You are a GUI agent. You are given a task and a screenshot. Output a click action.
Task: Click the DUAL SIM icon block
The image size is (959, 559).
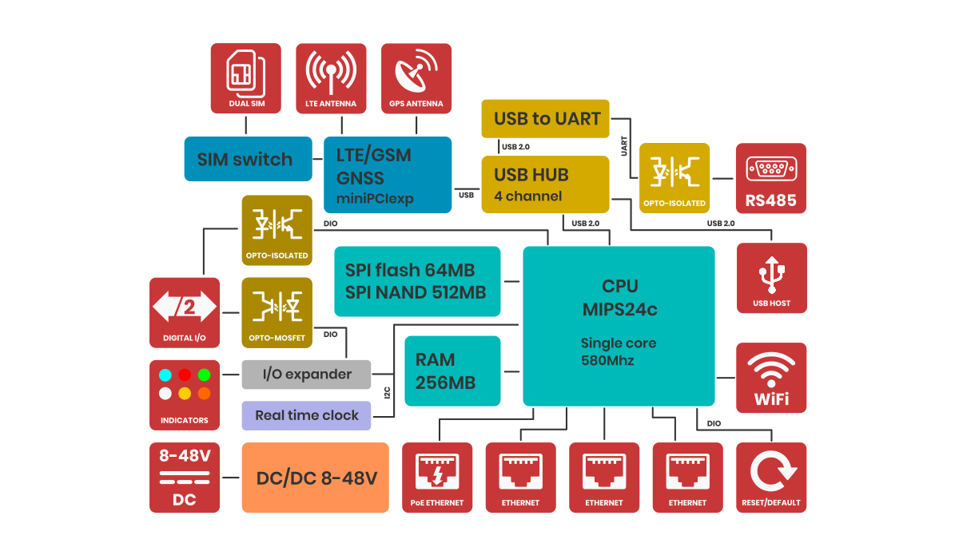tap(245, 77)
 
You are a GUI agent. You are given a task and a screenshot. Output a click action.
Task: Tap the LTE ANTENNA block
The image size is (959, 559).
tap(331, 77)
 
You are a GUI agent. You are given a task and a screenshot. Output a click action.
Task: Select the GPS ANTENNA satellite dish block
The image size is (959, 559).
tap(416, 77)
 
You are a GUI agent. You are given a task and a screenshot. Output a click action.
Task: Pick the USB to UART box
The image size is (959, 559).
tap(546, 118)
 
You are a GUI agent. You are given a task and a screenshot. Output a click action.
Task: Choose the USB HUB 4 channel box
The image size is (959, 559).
tap(546, 184)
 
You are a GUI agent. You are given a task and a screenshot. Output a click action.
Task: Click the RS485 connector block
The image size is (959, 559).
tap(771, 179)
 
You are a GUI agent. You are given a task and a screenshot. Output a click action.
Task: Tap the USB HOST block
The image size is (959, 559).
tap(771, 278)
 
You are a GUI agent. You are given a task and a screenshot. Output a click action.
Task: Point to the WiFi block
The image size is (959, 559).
tap(771, 378)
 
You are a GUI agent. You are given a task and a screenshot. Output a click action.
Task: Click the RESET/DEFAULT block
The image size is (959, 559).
tap(771, 478)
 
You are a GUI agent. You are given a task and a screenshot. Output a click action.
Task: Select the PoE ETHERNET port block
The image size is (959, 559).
tap(436, 478)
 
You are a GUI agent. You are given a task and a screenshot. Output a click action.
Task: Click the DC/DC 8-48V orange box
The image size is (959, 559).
tap(316, 478)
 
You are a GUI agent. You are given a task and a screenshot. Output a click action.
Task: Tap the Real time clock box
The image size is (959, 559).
tap(307, 415)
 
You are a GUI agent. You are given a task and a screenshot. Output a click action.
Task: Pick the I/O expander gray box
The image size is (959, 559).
tap(307, 375)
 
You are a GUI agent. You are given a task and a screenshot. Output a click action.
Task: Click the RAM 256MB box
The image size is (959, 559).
tap(453, 371)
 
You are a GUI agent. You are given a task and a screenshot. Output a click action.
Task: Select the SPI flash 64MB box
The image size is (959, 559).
tap(417, 281)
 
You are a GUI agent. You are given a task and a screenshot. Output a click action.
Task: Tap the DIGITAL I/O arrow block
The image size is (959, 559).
tap(185, 312)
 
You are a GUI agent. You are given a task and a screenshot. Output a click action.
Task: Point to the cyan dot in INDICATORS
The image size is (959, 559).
tap(165, 375)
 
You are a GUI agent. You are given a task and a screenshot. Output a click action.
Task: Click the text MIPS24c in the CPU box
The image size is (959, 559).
tap(619, 309)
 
